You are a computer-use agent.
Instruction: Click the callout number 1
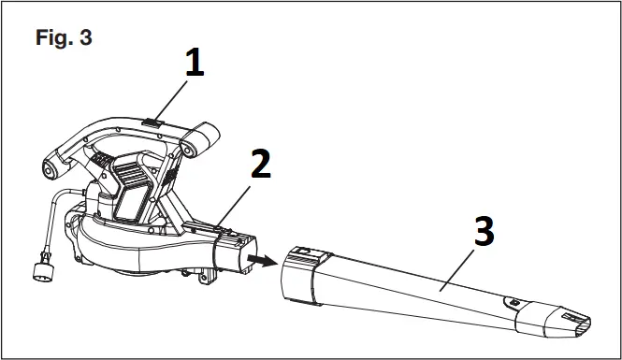(x=193, y=65)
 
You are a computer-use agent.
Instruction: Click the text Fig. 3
(x=64, y=38)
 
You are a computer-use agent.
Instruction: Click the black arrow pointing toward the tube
(x=264, y=263)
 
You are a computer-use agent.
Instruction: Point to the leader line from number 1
(x=178, y=98)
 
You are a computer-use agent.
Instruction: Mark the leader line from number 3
(x=449, y=271)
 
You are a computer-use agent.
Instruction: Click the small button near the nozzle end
(x=513, y=302)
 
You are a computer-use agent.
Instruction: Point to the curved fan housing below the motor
(x=131, y=252)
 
